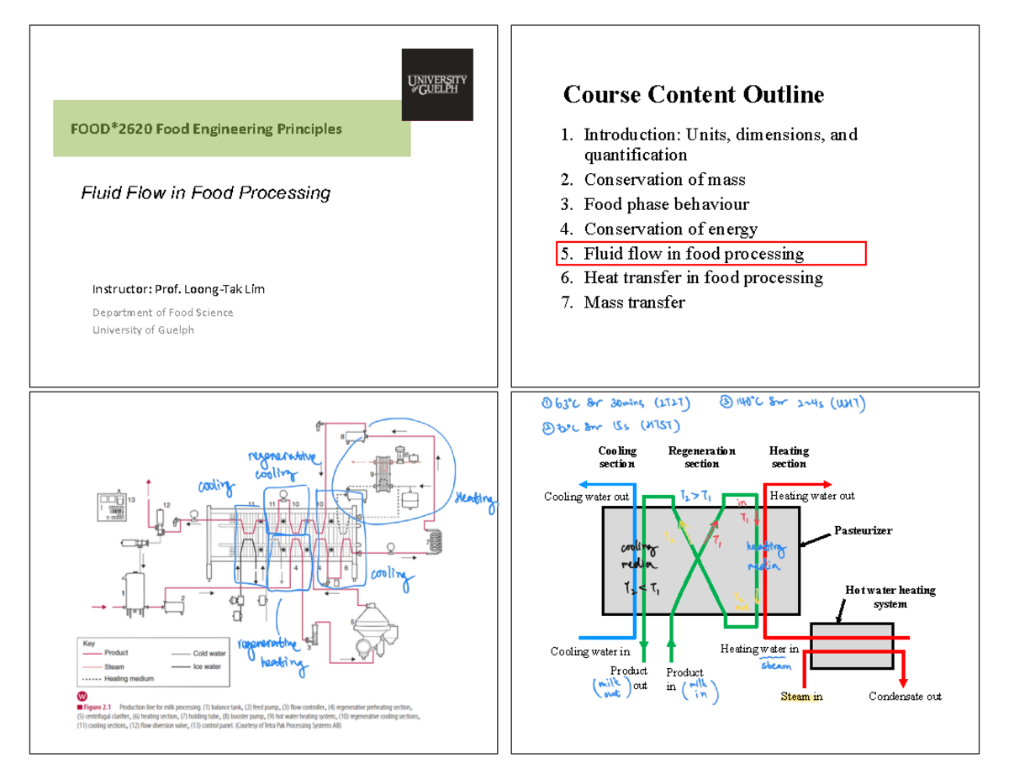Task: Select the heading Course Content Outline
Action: pos(693,94)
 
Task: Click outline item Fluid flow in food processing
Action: pos(694,253)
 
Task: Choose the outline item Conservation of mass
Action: pos(664,179)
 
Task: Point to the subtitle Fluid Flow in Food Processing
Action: pos(205,193)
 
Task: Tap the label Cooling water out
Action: pos(586,497)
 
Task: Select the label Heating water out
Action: pos(812,496)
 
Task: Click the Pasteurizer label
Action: pos(862,530)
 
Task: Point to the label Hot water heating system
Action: pos(890,597)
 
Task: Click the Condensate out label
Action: pos(905,696)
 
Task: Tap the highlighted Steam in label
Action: pos(801,696)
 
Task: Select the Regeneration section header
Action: pos(701,457)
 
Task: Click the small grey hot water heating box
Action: pos(851,645)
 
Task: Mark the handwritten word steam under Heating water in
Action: pos(776,666)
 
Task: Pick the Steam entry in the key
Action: pos(116,666)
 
